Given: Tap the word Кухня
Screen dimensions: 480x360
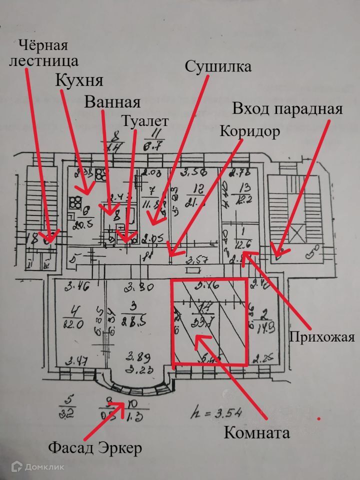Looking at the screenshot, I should click(79, 81).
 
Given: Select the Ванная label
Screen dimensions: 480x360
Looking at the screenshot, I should click(112, 102).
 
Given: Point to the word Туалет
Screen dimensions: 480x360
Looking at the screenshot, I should click(145, 121).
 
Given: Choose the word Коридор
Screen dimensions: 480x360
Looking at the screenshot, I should click(249, 131).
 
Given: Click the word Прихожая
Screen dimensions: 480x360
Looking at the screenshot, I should click(322, 337).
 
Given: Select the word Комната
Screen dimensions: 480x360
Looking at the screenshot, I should click(257, 432).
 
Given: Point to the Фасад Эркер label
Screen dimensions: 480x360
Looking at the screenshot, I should click(95, 448).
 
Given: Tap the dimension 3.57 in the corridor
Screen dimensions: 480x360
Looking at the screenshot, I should click(196, 260).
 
